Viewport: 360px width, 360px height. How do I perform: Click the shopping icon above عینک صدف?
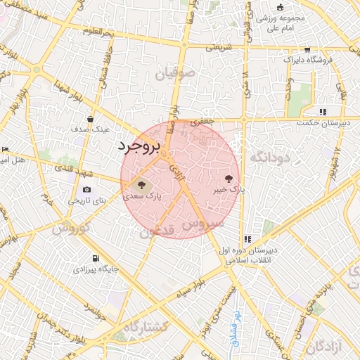(x=91, y=120)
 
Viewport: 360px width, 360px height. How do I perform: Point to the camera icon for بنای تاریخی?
(x=86, y=189)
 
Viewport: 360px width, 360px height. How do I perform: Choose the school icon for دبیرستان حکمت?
(x=323, y=111)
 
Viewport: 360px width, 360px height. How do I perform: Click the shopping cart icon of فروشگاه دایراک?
(x=307, y=49)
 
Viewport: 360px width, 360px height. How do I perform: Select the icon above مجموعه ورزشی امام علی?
(x=281, y=7)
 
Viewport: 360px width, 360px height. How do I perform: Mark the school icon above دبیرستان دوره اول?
(x=247, y=239)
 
